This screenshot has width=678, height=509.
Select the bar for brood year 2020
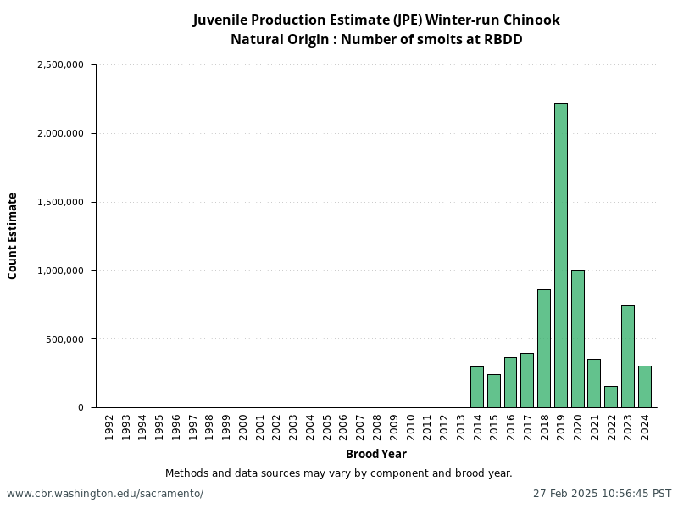pos(577,338)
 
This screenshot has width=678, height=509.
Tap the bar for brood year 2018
pos(544,348)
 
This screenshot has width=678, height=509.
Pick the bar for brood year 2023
pos(627,356)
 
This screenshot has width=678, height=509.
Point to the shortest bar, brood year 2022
pos(611,397)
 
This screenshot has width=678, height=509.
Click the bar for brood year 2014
pos(477,387)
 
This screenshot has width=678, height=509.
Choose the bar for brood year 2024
pos(644,387)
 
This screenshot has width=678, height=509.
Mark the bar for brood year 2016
pos(510,383)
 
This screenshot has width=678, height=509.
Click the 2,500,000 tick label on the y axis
pos(60,64)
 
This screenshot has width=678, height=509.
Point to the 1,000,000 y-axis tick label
pos(60,271)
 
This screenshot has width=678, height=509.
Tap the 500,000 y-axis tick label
pos(65,339)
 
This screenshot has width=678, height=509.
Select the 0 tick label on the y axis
pos(81,408)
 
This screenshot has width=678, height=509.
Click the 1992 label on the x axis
pos(109,426)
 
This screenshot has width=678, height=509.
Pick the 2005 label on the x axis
pos(326,426)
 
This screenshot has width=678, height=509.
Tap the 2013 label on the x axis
pos(460,426)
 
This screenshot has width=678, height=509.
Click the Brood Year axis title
pos(375,454)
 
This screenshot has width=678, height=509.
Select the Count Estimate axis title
pos(13,236)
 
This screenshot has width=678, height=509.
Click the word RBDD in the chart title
pos(503,39)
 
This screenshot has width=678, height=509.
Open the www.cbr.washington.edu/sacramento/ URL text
pos(105,494)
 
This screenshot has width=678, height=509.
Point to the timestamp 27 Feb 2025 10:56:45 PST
pos(602,494)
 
